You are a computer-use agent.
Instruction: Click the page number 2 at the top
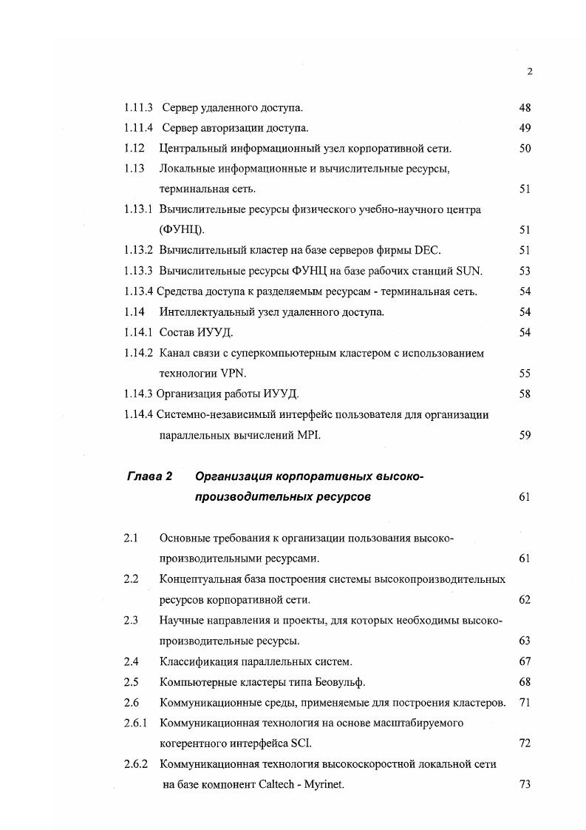530,72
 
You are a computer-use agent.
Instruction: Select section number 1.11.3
139,108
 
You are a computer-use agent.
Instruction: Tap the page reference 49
525,129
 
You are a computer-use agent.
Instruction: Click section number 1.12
134,149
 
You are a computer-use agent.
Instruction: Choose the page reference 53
525,271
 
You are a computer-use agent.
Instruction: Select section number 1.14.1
139,333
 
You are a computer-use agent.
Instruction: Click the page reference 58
525,394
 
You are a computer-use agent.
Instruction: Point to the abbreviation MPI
305,435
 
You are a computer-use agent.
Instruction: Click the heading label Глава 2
150,477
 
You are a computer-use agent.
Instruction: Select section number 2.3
131,620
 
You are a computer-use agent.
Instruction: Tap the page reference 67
525,661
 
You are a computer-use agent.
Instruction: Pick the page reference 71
525,702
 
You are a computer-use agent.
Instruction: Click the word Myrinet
324,784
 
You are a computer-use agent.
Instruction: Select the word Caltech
277,784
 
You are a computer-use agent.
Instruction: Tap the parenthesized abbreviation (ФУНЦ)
181,230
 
